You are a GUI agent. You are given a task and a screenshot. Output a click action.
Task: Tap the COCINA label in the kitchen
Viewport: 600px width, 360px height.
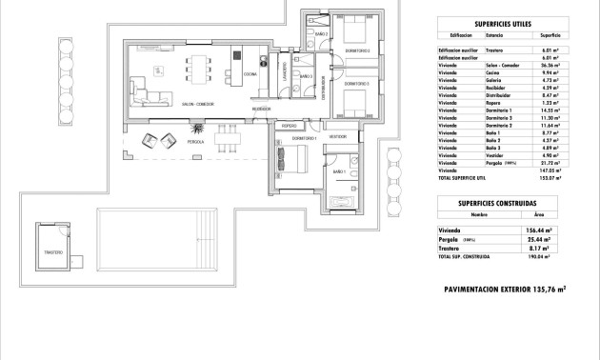(x=250, y=73)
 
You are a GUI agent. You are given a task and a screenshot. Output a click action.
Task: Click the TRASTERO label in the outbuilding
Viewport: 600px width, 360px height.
(x=54, y=252)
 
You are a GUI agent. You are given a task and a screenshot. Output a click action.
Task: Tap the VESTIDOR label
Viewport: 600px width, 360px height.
(x=338, y=137)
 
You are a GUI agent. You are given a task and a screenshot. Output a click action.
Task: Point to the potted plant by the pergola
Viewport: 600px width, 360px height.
(x=198, y=127)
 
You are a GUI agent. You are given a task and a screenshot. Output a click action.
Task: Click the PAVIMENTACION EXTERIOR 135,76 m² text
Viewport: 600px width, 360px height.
(x=505, y=288)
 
